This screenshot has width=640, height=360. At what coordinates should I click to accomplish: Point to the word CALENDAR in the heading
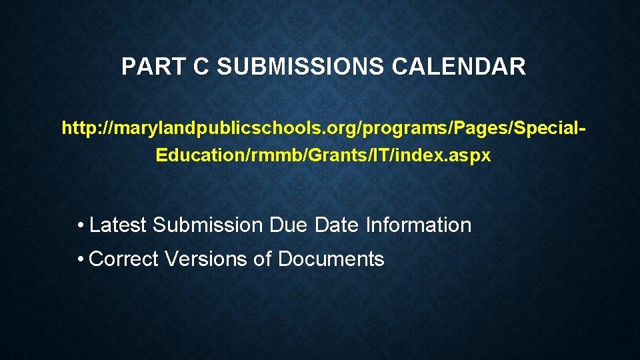pos(459,67)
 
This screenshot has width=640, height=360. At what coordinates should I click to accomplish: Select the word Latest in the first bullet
pos(117,225)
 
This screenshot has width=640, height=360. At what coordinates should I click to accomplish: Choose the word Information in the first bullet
pos(418,225)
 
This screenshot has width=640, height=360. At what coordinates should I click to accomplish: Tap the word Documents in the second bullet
pos(331,259)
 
